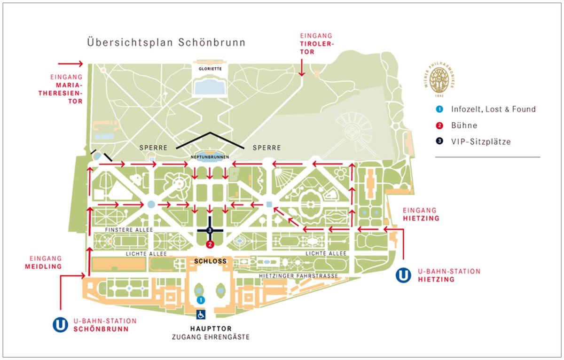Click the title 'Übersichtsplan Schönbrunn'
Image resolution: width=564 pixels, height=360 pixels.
tap(166, 42)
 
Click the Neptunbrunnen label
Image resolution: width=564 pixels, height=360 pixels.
tap(210, 157)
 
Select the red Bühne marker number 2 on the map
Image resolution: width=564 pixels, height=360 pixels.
tap(210, 244)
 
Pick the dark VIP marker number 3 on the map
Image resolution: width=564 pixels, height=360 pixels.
tap(210, 230)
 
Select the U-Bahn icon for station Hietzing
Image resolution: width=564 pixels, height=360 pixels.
tap(403, 275)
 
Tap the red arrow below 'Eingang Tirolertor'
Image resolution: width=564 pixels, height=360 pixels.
tap(301, 67)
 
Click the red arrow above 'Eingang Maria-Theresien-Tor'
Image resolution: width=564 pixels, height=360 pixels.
tap(70, 63)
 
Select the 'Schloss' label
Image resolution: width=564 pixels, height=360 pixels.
tap(210, 261)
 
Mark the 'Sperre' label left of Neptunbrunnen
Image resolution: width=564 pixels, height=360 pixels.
tap(154, 148)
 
